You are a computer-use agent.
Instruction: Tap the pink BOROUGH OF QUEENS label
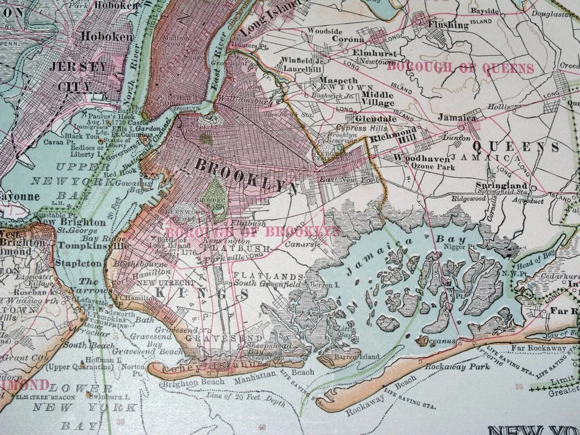(460, 68)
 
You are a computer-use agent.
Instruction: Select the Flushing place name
(448, 25)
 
